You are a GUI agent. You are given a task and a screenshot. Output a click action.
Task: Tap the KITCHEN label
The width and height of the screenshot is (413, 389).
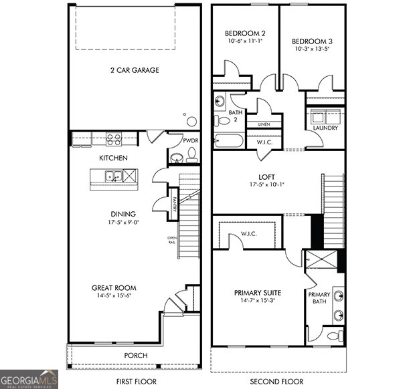point(113,158)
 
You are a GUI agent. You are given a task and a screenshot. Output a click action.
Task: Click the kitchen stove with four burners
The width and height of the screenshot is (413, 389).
point(114,140)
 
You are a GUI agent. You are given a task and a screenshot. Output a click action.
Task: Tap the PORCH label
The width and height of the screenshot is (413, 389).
point(137,355)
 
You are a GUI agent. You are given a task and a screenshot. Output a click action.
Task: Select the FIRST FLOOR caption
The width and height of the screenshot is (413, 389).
point(137,382)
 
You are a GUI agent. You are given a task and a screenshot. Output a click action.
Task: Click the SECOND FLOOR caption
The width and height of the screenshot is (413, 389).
point(276,382)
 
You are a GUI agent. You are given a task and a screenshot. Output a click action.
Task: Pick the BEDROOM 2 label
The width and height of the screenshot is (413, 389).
point(245,33)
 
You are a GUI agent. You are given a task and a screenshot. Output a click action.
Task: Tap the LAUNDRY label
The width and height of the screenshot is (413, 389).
point(325,128)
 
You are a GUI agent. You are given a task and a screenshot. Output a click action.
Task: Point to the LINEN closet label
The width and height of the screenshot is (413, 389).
point(264,124)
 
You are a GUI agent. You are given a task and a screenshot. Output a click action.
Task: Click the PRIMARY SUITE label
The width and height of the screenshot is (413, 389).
point(257,293)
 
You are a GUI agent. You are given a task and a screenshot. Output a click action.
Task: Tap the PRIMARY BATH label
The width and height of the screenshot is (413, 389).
point(319,299)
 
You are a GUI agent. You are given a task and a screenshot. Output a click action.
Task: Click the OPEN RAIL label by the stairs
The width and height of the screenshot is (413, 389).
point(171,239)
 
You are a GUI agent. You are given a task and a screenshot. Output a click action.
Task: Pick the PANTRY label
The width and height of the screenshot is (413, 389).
point(173,200)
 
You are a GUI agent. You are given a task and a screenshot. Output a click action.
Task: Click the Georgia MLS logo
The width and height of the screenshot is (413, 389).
point(29,379)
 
